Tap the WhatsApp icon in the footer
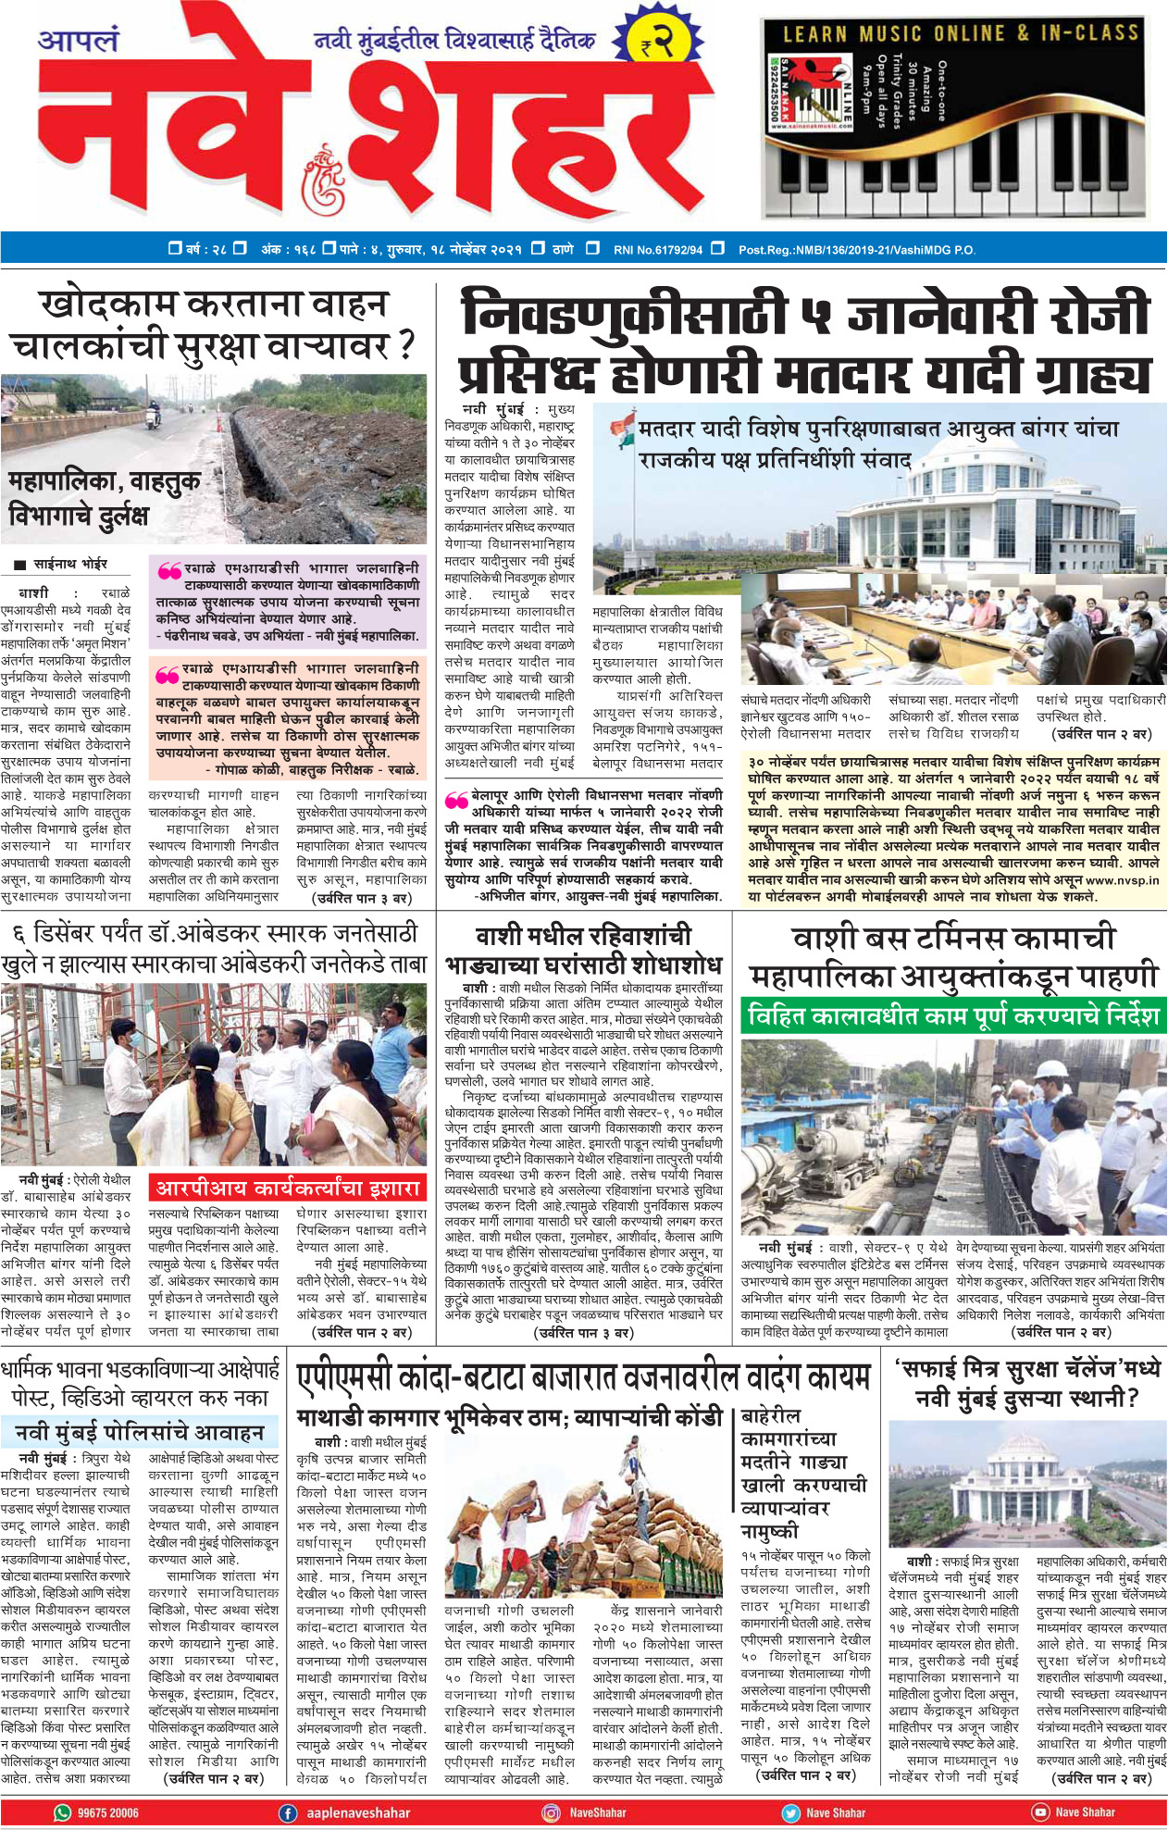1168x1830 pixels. (x=63, y=1812)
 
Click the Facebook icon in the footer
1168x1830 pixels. (x=288, y=1812)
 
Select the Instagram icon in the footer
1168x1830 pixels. (x=551, y=1812)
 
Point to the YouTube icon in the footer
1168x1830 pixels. (x=1040, y=1812)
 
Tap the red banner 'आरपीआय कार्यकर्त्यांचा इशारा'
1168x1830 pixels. (x=288, y=1188)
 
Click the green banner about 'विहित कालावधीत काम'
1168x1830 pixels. (x=953, y=1015)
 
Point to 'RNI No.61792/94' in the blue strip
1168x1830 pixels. (x=657, y=249)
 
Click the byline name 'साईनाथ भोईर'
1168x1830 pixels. (x=70, y=564)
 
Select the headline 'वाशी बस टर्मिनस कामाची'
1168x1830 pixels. (x=953, y=939)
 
